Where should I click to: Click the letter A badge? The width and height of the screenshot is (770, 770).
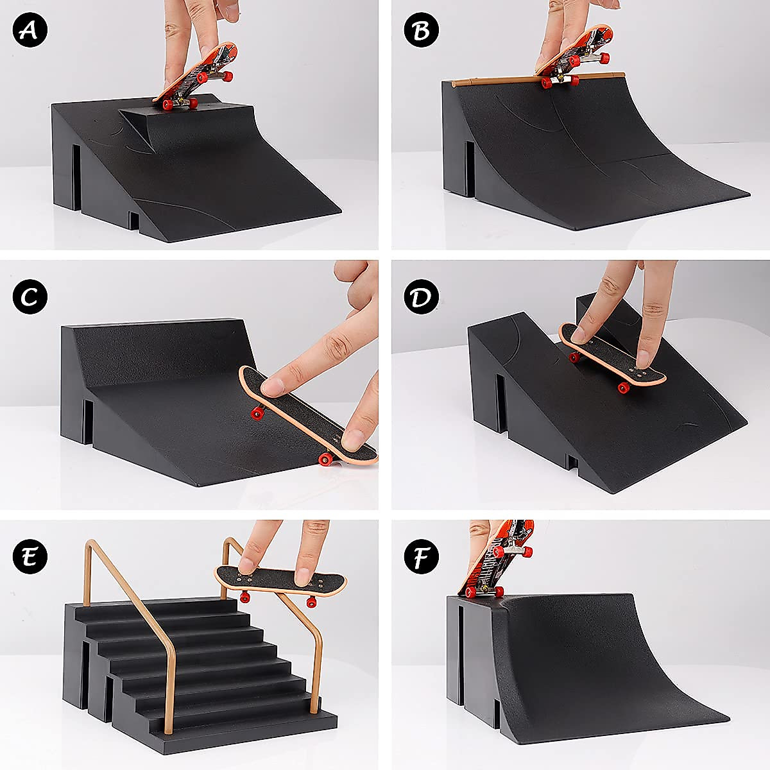click(x=30, y=30)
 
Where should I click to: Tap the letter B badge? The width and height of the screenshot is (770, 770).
click(x=422, y=30)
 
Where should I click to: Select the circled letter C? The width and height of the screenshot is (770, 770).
click(x=30, y=296)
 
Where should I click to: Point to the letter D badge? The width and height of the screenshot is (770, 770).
click(x=422, y=296)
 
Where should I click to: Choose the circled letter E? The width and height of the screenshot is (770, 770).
click(x=30, y=555)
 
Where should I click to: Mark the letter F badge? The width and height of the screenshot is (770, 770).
click(x=422, y=555)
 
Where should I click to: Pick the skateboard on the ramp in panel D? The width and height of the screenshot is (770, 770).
click(x=613, y=356)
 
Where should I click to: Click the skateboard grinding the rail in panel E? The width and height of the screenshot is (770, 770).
click(x=281, y=581)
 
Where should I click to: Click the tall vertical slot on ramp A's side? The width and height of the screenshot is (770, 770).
click(x=76, y=176)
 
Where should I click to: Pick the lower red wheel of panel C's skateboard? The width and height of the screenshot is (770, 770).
click(x=326, y=458)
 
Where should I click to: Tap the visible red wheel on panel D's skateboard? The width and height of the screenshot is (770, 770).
click(x=623, y=387)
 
